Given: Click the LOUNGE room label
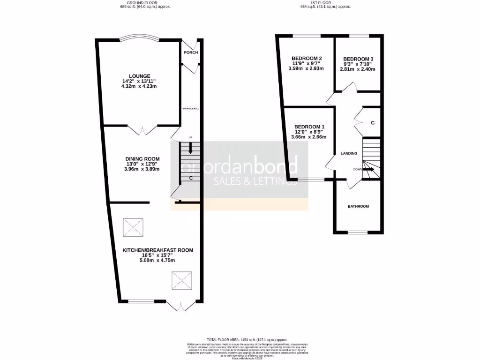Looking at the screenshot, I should coord(140,76).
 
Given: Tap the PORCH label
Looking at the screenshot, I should coord(190,52).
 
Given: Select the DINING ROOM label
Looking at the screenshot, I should coord(142,158).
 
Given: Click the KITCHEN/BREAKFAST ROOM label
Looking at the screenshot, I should coord(158,250).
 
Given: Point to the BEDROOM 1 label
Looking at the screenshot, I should coord(309,127).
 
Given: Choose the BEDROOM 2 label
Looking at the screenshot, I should coord(307,58).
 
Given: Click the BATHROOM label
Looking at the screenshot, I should coord(358,206).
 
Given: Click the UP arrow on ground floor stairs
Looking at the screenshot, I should coord(190,148).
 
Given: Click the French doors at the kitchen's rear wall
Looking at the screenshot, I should coord(180,307).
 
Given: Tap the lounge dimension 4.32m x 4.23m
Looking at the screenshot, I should coord(140,86).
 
